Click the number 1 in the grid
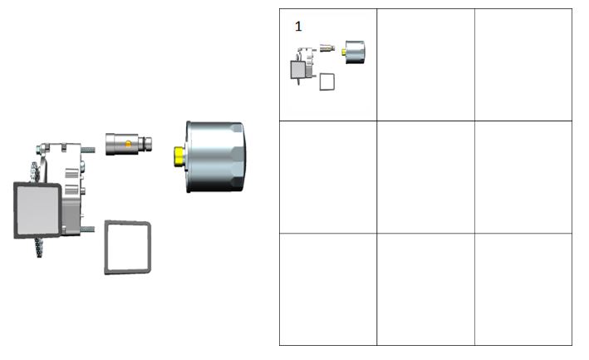click(x=298, y=27)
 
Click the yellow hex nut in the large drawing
click(x=179, y=156)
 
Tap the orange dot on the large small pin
click(x=128, y=144)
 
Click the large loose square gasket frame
click(x=106, y=247)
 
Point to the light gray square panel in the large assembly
click(x=37, y=210)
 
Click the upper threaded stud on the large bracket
click(x=87, y=150)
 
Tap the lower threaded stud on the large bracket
click(x=87, y=229)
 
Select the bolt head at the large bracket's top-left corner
click(x=41, y=149)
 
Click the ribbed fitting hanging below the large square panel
click(x=39, y=248)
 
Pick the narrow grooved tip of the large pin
click(x=145, y=143)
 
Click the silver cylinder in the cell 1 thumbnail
click(x=355, y=52)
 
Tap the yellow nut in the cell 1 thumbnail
click(x=343, y=52)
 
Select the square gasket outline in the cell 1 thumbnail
click(x=320, y=82)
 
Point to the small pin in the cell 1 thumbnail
click(x=327, y=47)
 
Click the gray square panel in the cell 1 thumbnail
click(x=298, y=70)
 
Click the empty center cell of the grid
click(x=425, y=177)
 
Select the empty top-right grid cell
click(x=523, y=65)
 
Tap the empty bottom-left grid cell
click(x=328, y=289)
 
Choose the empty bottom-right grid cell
click(x=523, y=289)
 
